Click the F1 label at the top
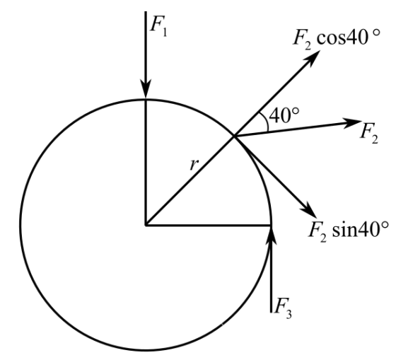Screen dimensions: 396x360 click(x=158, y=27)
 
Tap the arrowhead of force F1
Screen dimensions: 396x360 click(x=146, y=89)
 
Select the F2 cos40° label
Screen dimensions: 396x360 click(x=337, y=39)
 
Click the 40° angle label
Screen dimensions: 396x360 click(x=284, y=116)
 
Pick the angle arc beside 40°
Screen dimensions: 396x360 click(x=264, y=122)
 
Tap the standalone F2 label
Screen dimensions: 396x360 click(x=369, y=134)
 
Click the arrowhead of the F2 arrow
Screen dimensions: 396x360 click(x=353, y=123)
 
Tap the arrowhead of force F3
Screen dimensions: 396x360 click(x=272, y=235)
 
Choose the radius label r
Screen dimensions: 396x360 click(x=194, y=165)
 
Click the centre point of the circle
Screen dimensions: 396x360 click(x=146, y=225)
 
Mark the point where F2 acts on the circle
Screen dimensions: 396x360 click(x=234, y=137)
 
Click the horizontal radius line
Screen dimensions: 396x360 click(x=209, y=225)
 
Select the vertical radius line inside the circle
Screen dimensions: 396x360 click(x=146, y=162)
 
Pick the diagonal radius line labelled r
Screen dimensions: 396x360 click(x=190, y=180)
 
